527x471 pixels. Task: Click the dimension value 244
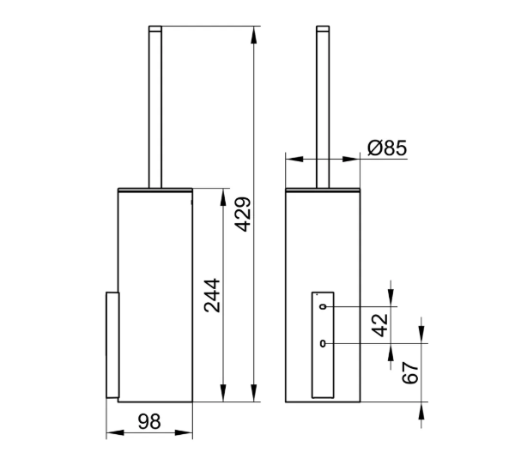point(211,296)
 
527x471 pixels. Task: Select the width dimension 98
point(150,420)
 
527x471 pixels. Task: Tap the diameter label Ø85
point(387,148)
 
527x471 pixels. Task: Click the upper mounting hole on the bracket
point(322,306)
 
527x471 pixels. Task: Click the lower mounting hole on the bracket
point(322,345)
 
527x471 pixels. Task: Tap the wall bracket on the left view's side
point(110,345)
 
